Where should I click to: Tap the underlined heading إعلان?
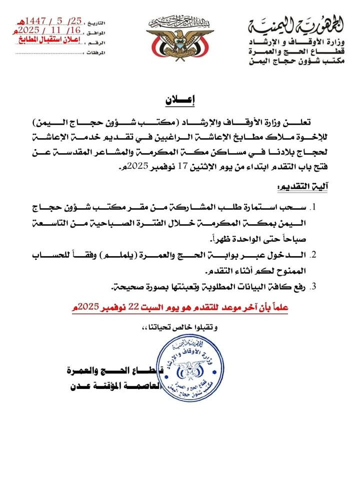(x=179, y=100)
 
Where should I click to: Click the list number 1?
(x=315, y=207)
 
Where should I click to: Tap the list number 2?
(x=315, y=255)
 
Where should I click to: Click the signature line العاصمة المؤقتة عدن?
(x=112, y=387)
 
